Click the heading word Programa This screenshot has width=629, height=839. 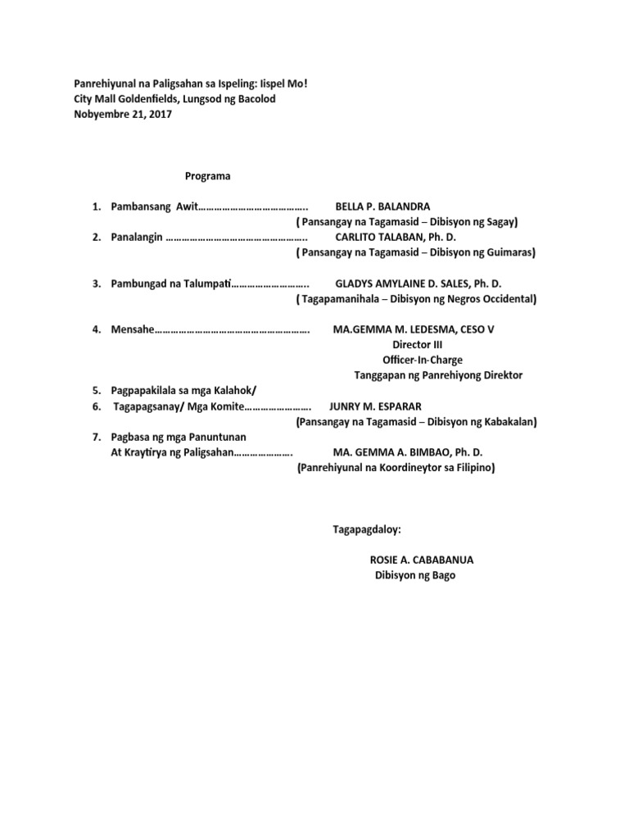click(x=207, y=176)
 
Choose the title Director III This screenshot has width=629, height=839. click(x=417, y=345)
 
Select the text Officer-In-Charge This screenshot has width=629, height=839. click(x=417, y=360)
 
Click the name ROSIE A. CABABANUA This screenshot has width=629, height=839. click(x=422, y=560)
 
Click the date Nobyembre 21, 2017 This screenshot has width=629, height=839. click(x=123, y=115)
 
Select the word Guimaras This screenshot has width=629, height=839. click(x=506, y=253)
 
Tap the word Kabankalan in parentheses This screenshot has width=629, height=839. click(x=504, y=422)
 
